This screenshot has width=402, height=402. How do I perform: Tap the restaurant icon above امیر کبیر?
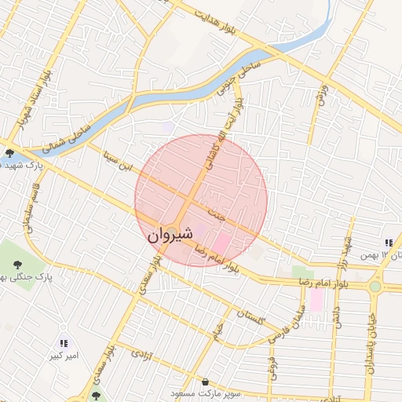coord(64,343)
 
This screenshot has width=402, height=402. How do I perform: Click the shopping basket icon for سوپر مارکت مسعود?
coord(205,382)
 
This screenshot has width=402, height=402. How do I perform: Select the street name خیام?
coord(217,334)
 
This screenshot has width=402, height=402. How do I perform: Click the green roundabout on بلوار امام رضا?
coord(375,287)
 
